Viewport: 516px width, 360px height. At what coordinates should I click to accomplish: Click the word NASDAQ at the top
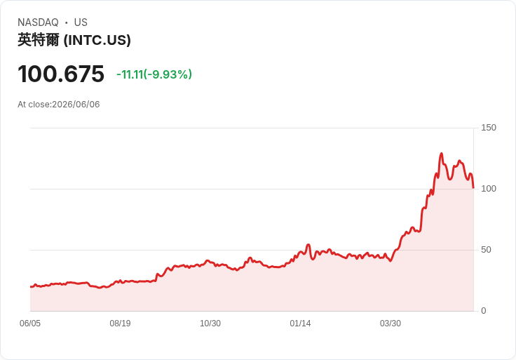pyautogui.click(x=38, y=22)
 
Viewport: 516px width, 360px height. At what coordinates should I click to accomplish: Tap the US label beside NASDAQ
pyautogui.click(x=81, y=22)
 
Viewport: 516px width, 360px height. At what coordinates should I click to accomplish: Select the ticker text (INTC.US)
pyautogui.click(x=97, y=40)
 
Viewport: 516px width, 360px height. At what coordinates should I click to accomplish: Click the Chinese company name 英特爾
pyautogui.click(x=39, y=40)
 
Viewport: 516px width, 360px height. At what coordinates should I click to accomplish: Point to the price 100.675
pyautogui.click(x=61, y=74)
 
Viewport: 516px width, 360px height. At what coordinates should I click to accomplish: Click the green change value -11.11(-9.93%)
pyautogui.click(x=154, y=74)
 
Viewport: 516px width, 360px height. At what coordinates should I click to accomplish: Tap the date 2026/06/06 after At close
pyautogui.click(x=76, y=105)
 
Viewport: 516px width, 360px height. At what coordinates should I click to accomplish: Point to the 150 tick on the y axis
pyautogui.click(x=489, y=128)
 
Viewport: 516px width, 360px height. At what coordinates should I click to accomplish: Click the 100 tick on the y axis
pyautogui.click(x=489, y=189)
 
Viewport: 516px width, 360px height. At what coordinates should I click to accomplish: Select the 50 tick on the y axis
pyautogui.click(x=486, y=250)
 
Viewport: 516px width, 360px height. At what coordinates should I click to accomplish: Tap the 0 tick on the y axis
pyautogui.click(x=484, y=311)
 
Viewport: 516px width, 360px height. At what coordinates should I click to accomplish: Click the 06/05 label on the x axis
pyautogui.click(x=30, y=323)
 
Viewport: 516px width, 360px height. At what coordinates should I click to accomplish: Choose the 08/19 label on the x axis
pyautogui.click(x=120, y=323)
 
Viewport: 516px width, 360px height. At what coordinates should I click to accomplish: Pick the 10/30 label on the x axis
pyautogui.click(x=210, y=323)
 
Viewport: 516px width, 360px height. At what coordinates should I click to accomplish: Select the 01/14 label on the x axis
pyautogui.click(x=300, y=323)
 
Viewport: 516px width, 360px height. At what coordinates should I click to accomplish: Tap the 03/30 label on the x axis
pyautogui.click(x=391, y=323)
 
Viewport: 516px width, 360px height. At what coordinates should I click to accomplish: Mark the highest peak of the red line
pyautogui.click(x=441, y=154)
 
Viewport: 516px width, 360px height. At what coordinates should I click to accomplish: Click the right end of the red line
pyautogui.click(x=473, y=188)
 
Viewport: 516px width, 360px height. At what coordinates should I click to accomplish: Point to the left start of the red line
pyautogui.click(x=31, y=287)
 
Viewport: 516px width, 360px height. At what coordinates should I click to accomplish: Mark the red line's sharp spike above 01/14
pyautogui.click(x=308, y=245)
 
